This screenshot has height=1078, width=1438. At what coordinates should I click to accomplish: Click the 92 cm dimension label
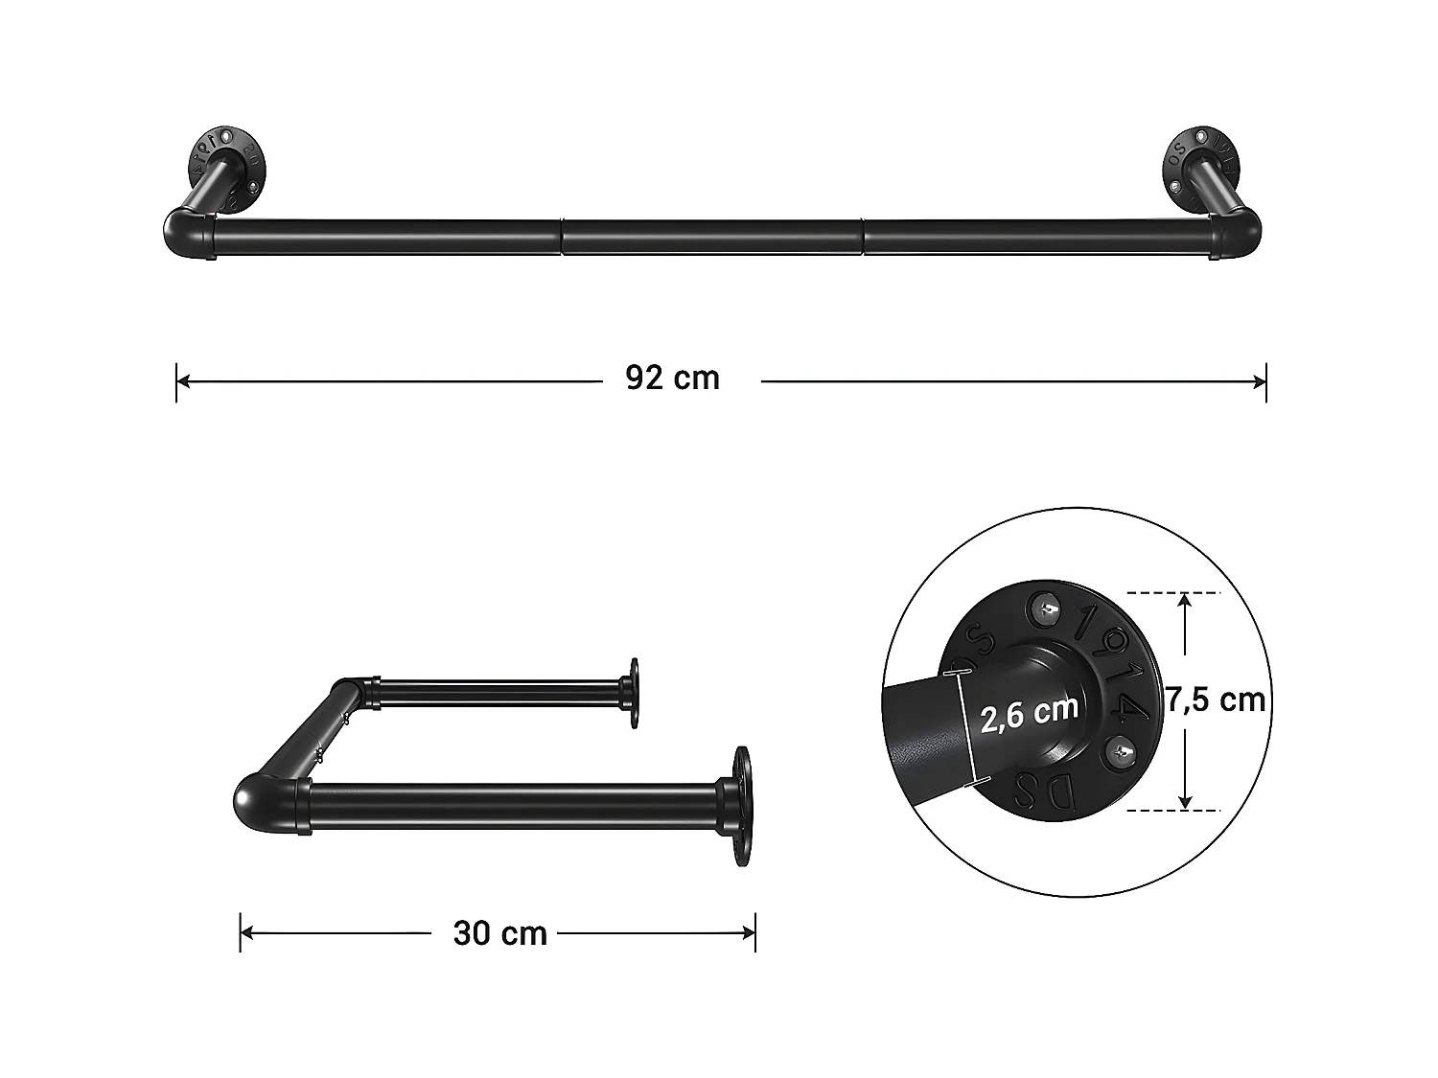[x=672, y=378]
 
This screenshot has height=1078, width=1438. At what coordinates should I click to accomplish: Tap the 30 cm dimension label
[x=499, y=933]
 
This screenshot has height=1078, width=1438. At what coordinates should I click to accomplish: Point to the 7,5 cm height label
[x=1216, y=700]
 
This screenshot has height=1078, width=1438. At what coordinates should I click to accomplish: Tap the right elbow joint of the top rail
[x=1239, y=235]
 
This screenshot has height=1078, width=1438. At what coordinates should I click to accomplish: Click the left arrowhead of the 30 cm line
[x=246, y=932]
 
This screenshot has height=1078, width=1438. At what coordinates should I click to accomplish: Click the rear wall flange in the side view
[x=633, y=692]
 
